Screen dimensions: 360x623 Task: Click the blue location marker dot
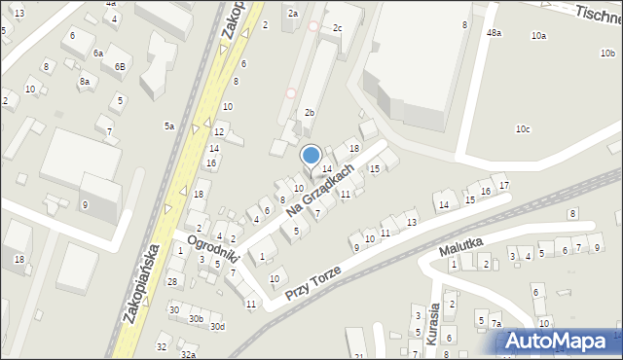click(311, 155)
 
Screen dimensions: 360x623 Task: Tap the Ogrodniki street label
click(213, 251)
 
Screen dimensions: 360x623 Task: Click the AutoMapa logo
click(559, 341)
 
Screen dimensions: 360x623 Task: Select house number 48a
click(495, 33)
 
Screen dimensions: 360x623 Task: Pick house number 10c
click(523, 129)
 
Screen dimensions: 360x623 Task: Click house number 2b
click(310, 113)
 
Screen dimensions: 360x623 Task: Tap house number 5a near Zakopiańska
click(168, 126)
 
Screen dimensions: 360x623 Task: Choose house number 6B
click(119, 66)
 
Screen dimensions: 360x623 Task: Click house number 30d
click(216, 327)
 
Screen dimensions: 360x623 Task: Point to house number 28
click(171, 282)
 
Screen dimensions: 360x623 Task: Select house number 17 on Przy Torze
click(502, 185)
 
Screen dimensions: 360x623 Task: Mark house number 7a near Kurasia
click(495, 324)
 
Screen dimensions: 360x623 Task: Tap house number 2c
click(337, 28)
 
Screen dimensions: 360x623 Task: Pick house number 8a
click(85, 82)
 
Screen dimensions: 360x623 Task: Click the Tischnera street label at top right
click(597, 13)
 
